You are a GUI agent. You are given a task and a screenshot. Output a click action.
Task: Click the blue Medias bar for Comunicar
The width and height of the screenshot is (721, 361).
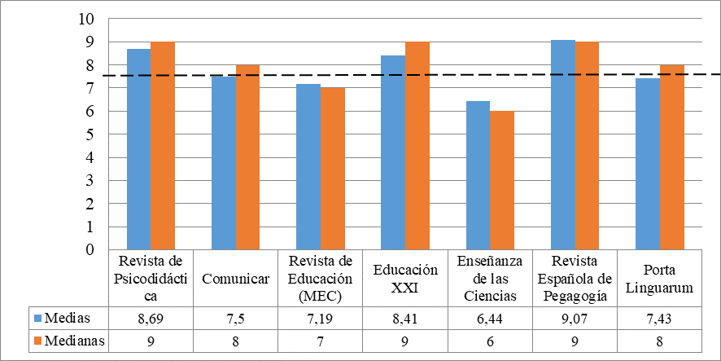coord(224,163)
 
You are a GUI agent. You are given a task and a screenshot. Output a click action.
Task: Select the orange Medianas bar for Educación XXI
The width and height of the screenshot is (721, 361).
coord(417,146)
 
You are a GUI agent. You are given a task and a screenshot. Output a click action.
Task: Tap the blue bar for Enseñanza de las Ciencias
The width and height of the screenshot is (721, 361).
coord(478,175)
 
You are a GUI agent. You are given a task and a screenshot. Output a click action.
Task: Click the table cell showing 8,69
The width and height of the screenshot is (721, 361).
coord(151,317)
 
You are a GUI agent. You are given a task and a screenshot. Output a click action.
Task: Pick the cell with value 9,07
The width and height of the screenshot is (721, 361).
coord(575,317)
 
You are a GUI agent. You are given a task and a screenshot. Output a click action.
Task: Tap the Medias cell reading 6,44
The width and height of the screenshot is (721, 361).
coord(490,317)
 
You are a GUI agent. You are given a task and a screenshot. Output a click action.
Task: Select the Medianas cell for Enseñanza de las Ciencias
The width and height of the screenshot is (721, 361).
coord(490,340)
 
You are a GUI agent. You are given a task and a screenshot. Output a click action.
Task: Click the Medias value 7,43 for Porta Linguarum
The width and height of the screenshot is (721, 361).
coord(660,317)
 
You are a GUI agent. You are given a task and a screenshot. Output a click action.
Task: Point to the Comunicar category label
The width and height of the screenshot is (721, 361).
coord(236,279)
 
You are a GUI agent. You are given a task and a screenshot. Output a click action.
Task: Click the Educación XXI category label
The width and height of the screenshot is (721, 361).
coord(405,279)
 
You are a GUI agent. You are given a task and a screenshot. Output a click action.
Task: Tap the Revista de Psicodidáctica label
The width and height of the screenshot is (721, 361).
coord(151,279)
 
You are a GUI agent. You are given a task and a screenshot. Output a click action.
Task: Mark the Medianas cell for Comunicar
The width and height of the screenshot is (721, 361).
coord(236,340)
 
